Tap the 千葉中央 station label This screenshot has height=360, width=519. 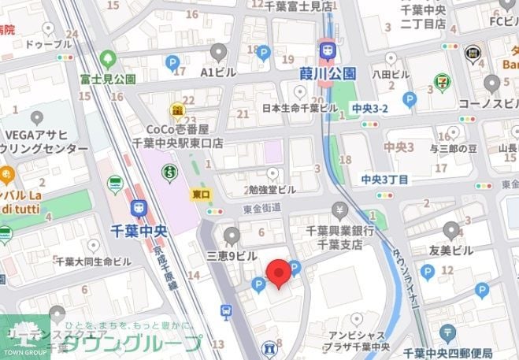[x=139, y=231]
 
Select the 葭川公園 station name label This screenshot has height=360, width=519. [x=328, y=73]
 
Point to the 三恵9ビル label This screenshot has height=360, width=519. [x=232, y=256]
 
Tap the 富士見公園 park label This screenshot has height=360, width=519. [x=107, y=79]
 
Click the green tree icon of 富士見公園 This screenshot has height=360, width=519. [x=108, y=59]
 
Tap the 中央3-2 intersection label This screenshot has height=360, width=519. [x=369, y=107]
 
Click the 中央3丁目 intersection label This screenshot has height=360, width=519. [x=384, y=180]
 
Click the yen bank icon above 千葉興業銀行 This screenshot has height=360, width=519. [x=340, y=210]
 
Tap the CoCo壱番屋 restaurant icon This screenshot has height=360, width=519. [x=179, y=109]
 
